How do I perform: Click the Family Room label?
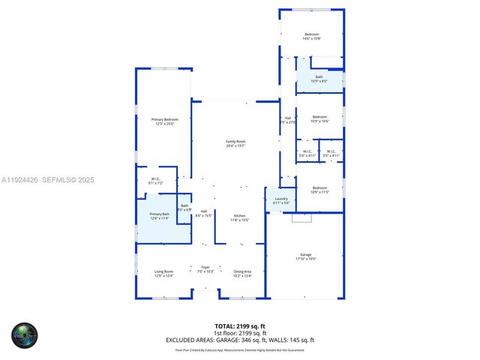click(236, 143)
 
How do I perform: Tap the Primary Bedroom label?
click(164, 121)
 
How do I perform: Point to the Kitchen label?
click(238, 217)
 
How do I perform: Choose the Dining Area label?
click(242, 274)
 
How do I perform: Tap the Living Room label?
click(163, 274)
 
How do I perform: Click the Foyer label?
click(205, 268)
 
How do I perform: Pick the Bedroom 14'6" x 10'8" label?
click(311, 36)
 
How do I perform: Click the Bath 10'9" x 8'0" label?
click(319, 79)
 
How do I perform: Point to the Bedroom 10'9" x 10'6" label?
click(319, 118)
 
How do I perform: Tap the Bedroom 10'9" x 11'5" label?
click(319, 190)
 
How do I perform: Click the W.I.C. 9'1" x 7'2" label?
click(155, 181)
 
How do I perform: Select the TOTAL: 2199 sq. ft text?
click(240, 326)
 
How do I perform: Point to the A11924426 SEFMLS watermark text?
click(47, 180)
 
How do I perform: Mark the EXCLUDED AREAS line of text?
click(240, 340)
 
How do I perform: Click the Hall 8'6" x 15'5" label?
click(204, 214)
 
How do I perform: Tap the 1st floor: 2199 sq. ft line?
click(240, 334)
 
